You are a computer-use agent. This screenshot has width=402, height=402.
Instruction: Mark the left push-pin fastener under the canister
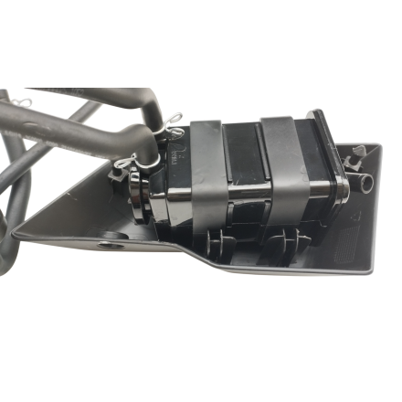pos(219,242)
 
